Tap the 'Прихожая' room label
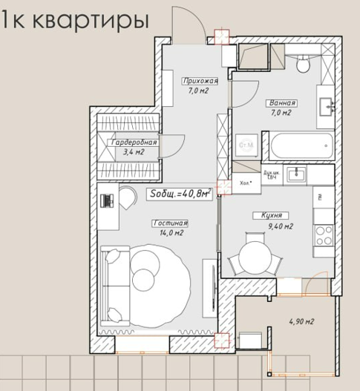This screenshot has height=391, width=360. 200,81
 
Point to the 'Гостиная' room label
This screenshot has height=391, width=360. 170,223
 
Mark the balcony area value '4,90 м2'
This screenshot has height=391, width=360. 301,322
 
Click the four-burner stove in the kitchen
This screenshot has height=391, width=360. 324,235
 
